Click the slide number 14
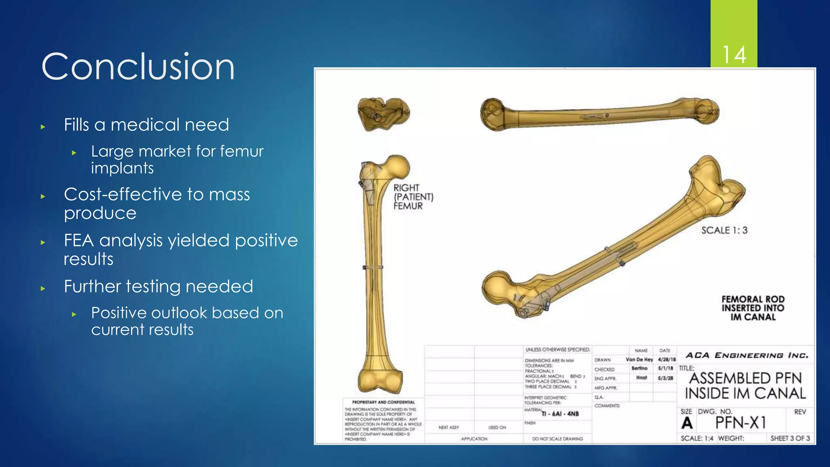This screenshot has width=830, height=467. [x=734, y=55]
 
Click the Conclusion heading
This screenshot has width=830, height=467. [x=138, y=67]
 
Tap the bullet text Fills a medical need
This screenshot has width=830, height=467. [x=146, y=124]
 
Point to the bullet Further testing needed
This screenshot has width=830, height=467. [x=158, y=286]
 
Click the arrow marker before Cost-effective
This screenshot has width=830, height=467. [x=43, y=197]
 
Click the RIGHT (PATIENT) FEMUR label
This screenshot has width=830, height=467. [x=413, y=197]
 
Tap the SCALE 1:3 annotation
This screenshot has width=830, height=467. [x=724, y=230]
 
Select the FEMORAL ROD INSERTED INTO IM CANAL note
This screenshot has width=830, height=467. [x=753, y=308]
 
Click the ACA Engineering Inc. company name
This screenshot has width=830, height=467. [x=747, y=356]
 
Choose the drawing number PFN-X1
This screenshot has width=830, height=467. [x=740, y=423]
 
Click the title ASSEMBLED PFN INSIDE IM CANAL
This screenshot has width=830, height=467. [x=745, y=386]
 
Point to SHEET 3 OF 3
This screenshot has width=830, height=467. [x=790, y=438]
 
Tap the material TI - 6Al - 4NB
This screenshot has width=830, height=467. [x=560, y=414]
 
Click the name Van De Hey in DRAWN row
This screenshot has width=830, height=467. [x=639, y=360]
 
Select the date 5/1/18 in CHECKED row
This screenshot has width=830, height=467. [x=665, y=368]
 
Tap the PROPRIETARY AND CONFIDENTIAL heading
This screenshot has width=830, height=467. [x=383, y=402]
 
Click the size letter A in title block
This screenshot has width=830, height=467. [x=687, y=423]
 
